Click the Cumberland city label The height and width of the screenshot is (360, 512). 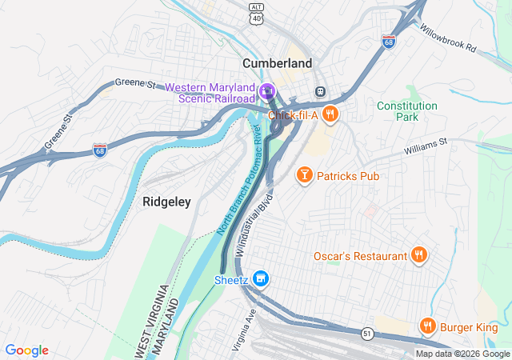pyautogui.click(x=278, y=62)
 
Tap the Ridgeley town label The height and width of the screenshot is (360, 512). pyautogui.click(x=166, y=202)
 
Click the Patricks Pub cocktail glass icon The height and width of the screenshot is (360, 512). pyautogui.click(x=304, y=175)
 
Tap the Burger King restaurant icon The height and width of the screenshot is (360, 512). pyautogui.click(x=428, y=326)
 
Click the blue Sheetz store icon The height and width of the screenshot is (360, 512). pyautogui.click(x=260, y=279)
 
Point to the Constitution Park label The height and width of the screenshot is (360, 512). pyautogui.click(x=407, y=111)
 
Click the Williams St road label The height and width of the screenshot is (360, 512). pyautogui.click(x=426, y=145)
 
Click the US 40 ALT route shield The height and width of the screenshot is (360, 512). pyautogui.click(x=256, y=12)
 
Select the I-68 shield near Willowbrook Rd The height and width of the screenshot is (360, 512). pyautogui.click(x=389, y=40)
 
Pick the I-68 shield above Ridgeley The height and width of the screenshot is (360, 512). pyautogui.click(x=99, y=150)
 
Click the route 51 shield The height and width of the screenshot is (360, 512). pyautogui.click(x=366, y=333)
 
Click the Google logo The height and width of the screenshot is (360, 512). pyautogui.click(x=26, y=350)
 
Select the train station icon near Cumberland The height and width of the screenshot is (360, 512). pyautogui.click(x=322, y=91)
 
